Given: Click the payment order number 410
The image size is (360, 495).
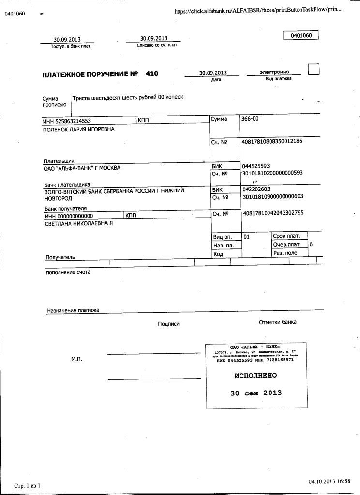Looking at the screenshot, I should [151, 74].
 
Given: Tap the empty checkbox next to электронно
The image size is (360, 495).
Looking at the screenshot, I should [314, 70].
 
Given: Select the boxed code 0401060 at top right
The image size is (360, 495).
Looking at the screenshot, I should [301, 35].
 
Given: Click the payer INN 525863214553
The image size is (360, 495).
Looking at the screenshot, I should [67, 121].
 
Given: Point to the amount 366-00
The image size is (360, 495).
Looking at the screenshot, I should [251, 118].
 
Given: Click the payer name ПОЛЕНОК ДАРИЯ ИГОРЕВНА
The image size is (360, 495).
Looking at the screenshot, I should [79, 129].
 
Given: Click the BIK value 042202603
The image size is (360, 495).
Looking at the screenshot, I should [256, 189].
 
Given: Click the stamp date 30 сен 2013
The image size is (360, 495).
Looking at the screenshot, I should [256, 393].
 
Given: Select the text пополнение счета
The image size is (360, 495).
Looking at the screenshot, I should [68, 272].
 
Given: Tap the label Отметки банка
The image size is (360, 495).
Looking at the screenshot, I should [278, 322].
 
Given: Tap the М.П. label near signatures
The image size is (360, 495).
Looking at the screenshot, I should [77, 359].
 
